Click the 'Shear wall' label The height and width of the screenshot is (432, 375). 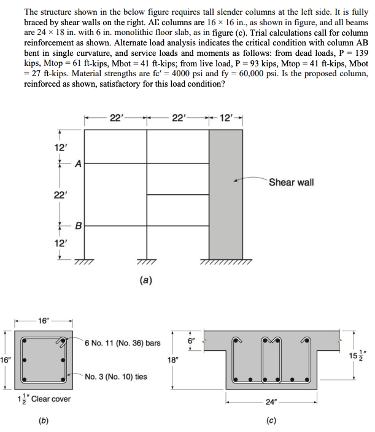(x=291, y=183)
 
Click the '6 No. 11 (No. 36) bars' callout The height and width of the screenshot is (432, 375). (x=123, y=342)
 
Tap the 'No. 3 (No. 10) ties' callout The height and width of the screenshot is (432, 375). (x=117, y=377)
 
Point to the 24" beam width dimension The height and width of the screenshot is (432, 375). (x=271, y=402)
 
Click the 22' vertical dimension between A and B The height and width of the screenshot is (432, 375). (x=60, y=195)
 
